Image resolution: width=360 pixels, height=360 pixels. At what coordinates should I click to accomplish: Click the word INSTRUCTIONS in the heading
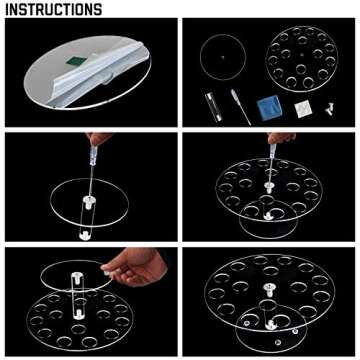[x=54, y=10]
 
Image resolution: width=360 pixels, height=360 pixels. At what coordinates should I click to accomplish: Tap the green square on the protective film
[x=77, y=61]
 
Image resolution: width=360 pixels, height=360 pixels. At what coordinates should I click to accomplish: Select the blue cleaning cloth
[x=269, y=108]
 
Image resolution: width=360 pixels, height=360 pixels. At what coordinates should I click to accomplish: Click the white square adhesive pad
[x=303, y=109]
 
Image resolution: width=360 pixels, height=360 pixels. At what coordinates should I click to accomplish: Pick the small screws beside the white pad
[x=329, y=109]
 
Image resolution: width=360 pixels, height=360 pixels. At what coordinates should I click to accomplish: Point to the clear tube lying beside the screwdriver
[x=213, y=107]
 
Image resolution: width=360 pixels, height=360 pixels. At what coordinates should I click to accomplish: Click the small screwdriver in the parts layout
[x=241, y=107]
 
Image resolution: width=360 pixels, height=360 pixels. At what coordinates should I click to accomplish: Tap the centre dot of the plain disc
[x=223, y=57]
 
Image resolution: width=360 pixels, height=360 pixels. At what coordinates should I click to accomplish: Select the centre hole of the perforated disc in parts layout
[x=302, y=54]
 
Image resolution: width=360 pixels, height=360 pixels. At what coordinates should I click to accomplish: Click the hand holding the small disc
[x=134, y=267]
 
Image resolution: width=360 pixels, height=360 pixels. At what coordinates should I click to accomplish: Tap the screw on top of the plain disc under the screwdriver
[x=89, y=202]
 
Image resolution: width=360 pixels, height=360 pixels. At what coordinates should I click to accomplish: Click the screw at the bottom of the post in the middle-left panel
[x=84, y=235]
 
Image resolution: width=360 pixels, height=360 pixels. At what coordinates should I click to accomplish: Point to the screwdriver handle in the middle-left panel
[x=93, y=154]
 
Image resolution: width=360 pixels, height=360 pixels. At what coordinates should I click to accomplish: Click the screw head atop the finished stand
[x=269, y=289]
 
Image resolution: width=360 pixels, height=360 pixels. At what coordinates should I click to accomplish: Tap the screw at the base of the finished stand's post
[x=270, y=324]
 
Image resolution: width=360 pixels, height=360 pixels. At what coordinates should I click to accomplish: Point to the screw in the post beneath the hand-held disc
[x=78, y=313]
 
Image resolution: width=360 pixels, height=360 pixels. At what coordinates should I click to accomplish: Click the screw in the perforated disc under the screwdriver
[x=268, y=186]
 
